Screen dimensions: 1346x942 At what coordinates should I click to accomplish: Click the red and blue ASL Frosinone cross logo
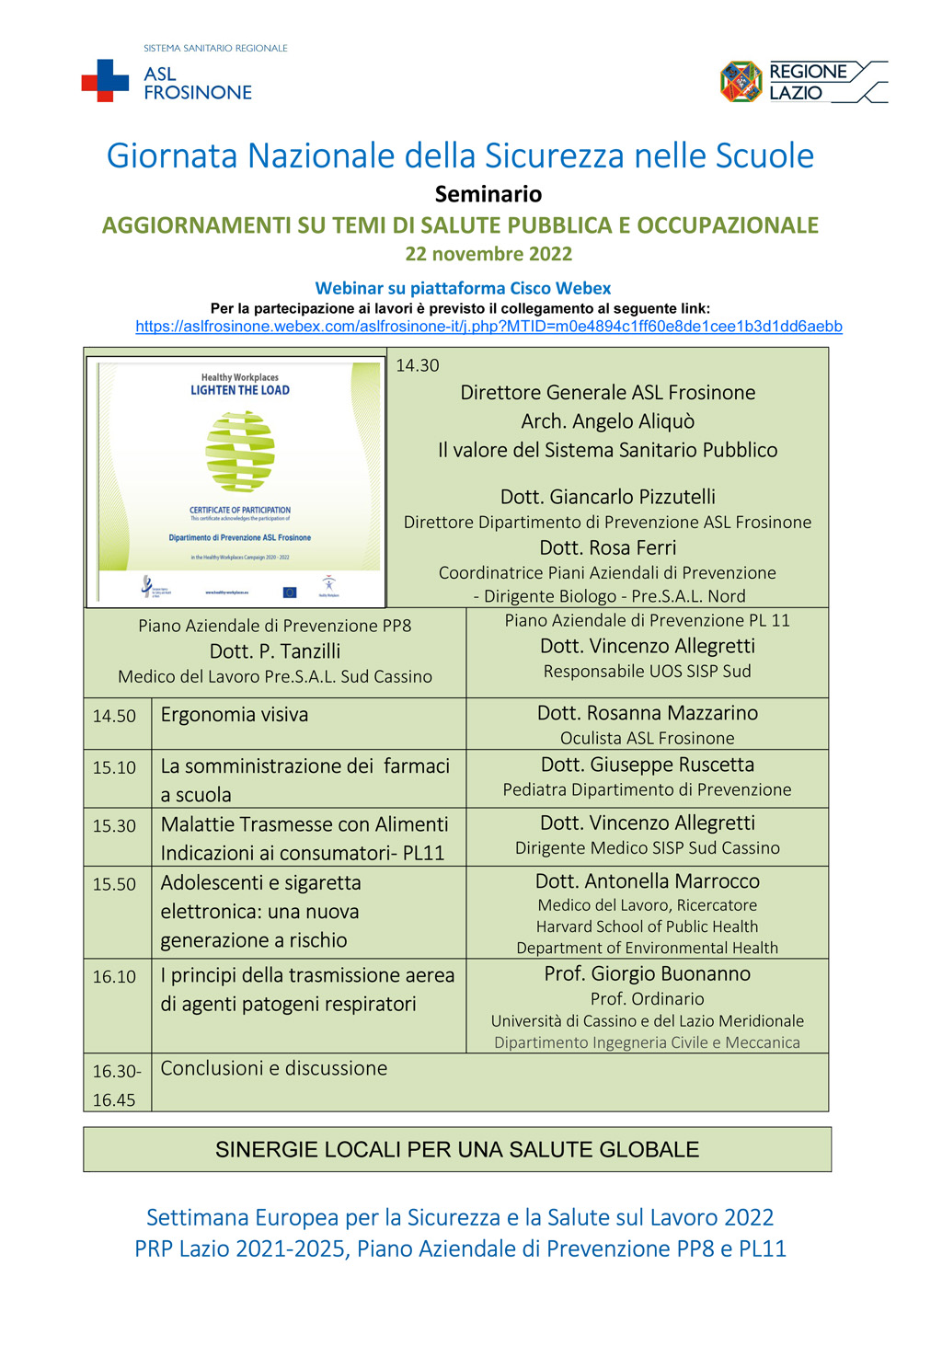click(x=105, y=81)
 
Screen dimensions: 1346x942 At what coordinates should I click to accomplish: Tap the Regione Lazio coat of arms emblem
click(x=741, y=82)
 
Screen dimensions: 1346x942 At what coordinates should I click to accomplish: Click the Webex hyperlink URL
click(x=488, y=327)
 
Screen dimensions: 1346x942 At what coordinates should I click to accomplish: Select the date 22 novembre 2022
click(x=488, y=254)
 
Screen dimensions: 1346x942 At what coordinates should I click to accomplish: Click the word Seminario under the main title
click(x=488, y=194)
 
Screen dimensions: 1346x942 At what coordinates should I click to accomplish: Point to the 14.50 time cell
click(x=114, y=716)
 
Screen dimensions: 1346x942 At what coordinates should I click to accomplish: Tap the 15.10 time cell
click(x=114, y=767)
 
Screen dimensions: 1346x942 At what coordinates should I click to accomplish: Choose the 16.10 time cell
click(x=114, y=976)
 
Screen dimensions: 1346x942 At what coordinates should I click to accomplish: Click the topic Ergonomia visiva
click(x=235, y=715)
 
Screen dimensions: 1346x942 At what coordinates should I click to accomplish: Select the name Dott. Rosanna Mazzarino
click(x=648, y=713)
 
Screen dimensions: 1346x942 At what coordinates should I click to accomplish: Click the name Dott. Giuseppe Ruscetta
click(x=648, y=765)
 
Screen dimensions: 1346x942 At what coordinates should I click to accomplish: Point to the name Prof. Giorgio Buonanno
click(x=648, y=973)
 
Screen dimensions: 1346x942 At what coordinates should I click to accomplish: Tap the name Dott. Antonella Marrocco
click(x=648, y=881)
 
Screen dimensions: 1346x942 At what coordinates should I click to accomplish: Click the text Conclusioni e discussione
click(x=274, y=1068)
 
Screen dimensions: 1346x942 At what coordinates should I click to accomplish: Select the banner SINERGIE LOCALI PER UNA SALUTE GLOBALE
click(x=457, y=1149)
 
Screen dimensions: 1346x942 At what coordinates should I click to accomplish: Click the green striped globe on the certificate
click(x=240, y=451)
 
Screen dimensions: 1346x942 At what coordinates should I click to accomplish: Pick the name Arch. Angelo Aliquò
click(x=608, y=421)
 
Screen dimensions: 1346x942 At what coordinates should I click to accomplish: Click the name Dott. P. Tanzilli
click(x=275, y=651)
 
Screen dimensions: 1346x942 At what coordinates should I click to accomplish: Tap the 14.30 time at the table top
click(x=418, y=365)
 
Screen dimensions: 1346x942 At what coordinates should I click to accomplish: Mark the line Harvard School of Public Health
click(x=648, y=926)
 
